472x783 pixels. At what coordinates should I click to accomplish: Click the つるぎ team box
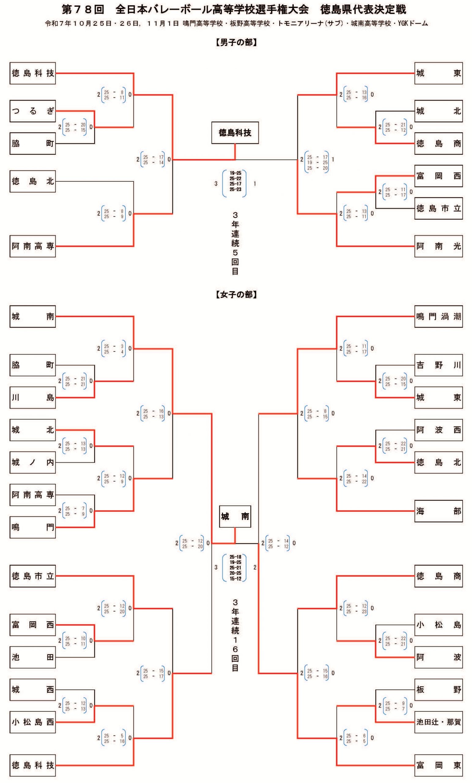(x=32, y=111)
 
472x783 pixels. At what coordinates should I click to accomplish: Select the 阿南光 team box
(x=438, y=246)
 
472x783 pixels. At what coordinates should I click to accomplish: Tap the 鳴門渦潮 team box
(x=438, y=316)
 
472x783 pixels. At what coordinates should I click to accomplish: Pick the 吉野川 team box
(x=438, y=365)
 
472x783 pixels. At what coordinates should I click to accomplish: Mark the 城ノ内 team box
(x=32, y=462)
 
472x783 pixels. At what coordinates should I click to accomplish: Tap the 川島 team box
(x=32, y=397)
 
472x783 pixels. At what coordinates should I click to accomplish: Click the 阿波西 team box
(x=438, y=430)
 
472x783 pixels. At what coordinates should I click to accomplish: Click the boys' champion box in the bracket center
(x=235, y=132)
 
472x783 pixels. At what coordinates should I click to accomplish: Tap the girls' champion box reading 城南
(x=235, y=516)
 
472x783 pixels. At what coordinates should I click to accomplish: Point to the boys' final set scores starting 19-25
(x=235, y=181)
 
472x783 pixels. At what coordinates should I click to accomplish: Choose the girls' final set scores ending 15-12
(x=235, y=568)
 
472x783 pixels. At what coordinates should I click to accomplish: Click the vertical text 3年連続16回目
(x=235, y=635)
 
